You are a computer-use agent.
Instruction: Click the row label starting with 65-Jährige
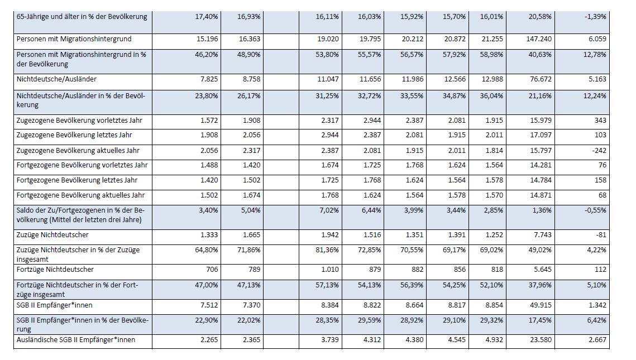82,17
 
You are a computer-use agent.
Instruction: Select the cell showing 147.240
539,39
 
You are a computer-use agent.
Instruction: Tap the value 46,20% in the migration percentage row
207,54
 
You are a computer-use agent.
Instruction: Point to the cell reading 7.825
209,79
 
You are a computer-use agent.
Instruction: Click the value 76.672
541,79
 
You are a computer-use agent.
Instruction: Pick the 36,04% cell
491,95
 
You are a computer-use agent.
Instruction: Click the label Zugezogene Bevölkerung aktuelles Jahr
78,150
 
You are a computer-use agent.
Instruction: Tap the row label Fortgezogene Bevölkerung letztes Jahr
77,180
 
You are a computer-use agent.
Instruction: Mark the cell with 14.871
541,195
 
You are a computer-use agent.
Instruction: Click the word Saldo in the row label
25,210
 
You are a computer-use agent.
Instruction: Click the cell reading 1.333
209,235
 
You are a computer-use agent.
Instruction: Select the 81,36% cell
327,249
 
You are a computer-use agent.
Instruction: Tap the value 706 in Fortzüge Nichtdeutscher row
212,269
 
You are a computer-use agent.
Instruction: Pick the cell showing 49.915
541,305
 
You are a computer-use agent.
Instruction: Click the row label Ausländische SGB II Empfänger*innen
76,340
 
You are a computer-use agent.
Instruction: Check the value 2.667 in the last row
597,340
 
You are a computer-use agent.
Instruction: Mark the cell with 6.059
597,39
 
